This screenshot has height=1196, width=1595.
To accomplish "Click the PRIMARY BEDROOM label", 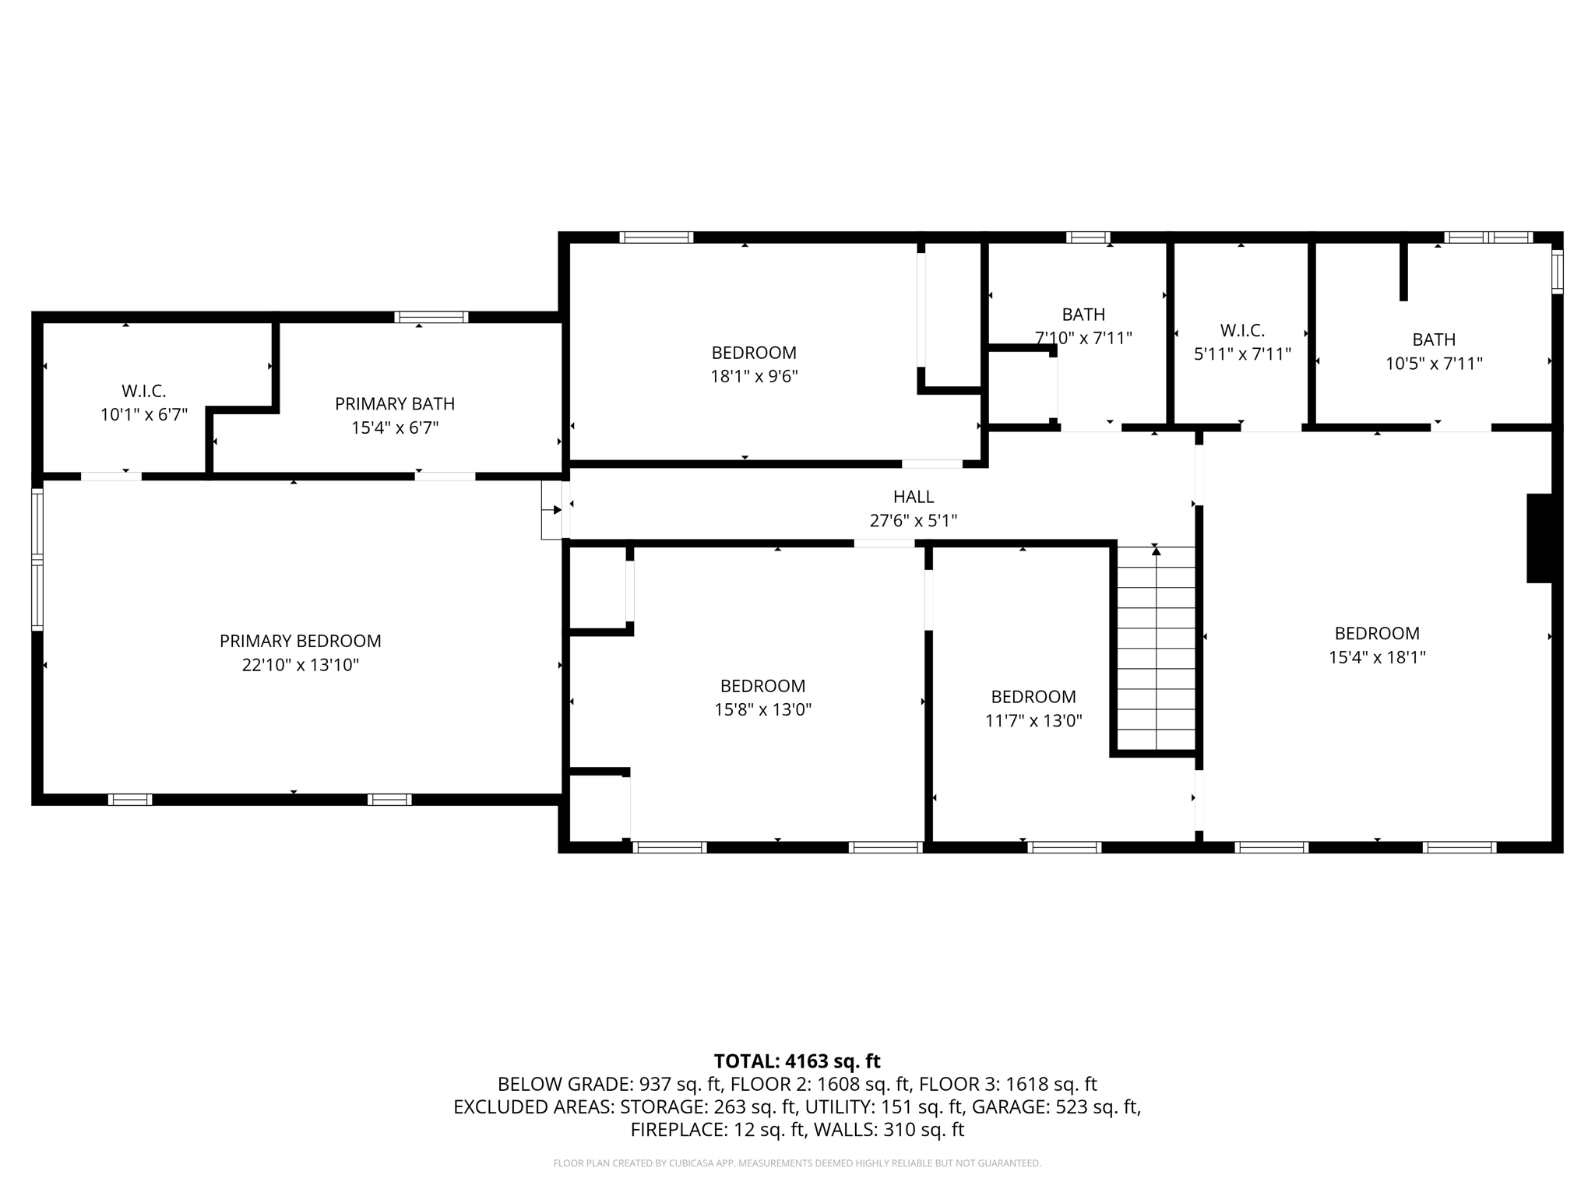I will tap(300, 641).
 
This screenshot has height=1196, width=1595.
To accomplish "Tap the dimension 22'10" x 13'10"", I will tap(300, 665).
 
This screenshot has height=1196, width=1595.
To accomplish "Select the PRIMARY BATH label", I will tap(394, 403).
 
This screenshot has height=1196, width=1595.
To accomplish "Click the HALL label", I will tap(913, 496).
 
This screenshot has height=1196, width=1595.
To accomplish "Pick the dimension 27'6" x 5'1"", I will tap(913, 520).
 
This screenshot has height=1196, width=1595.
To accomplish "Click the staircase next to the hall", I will tap(1156, 648).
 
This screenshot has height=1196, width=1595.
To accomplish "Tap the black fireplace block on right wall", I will tap(1539, 538).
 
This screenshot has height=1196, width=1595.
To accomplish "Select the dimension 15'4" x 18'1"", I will tap(1376, 657).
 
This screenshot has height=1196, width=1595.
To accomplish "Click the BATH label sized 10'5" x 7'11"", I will tap(1433, 339).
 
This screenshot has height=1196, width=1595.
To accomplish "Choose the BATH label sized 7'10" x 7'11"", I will tap(1083, 314).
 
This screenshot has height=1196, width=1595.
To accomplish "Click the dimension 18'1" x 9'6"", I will tap(753, 377).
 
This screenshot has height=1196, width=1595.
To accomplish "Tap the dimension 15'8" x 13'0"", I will tap(762, 709).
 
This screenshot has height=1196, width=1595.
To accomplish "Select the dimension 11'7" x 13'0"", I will tap(1033, 721).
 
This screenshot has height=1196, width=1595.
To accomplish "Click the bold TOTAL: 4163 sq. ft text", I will tap(797, 1061).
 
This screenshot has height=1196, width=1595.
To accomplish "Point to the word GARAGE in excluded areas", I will tap(1020, 1106).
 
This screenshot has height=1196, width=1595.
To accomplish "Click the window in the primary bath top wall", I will tap(431, 317).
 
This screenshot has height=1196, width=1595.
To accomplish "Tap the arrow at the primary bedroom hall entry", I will tap(556, 510).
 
